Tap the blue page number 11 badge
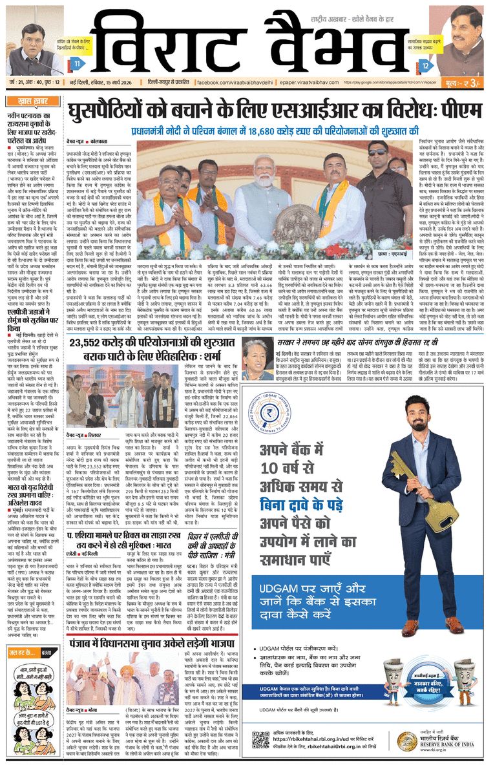78,63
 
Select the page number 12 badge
425,65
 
